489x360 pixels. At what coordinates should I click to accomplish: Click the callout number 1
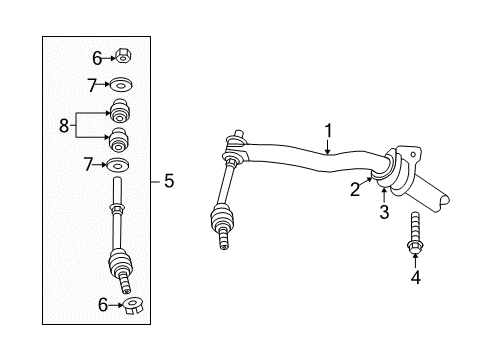pos(327,130)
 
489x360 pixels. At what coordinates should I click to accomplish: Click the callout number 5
pos(168,181)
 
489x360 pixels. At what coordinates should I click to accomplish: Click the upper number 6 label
pos(96,58)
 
